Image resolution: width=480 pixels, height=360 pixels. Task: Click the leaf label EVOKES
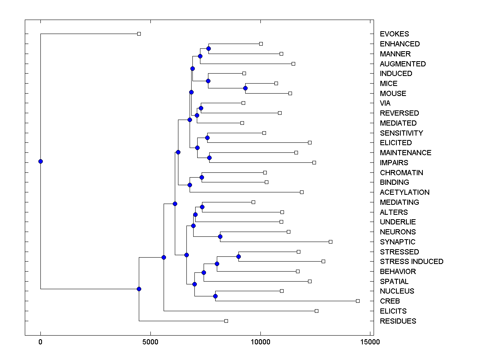(394, 34)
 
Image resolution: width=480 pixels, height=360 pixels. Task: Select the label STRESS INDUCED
(412, 262)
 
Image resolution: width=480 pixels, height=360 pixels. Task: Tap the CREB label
(390, 301)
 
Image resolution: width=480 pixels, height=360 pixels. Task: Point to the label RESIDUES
(398, 321)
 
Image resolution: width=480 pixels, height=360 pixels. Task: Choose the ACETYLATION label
(405, 192)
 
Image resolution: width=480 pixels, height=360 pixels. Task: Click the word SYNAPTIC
(398, 242)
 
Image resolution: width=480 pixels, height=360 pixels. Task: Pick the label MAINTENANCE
(406, 153)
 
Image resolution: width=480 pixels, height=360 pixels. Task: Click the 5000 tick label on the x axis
(150, 342)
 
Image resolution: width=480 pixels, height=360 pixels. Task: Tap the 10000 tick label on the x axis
(261, 342)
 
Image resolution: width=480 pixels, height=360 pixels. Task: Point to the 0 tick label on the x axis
(40, 342)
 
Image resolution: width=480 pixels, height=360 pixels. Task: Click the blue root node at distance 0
(40, 162)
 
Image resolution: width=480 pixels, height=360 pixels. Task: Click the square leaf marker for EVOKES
(139, 34)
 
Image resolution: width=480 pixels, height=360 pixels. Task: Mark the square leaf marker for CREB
(358, 301)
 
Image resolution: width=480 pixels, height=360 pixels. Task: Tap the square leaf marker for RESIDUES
(226, 321)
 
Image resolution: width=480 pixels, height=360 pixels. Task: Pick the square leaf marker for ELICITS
(317, 311)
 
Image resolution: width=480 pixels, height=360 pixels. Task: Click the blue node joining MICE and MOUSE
(246, 88)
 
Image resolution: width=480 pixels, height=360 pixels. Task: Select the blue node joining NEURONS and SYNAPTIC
(220, 237)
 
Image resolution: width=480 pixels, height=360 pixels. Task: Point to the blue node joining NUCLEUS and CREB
(215, 296)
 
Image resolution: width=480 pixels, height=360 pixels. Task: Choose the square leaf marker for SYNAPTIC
(331, 242)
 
